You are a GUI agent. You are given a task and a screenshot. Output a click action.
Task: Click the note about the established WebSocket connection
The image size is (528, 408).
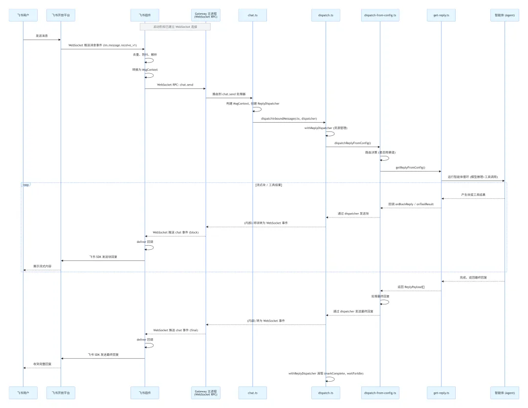click(x=175, y=27)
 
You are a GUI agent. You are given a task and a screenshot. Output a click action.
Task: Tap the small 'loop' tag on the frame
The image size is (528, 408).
click(x=26, y=185)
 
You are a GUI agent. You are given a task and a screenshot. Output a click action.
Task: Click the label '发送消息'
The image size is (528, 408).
click(x=42, y=36)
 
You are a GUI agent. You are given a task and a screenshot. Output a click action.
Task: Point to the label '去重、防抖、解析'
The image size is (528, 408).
click(x=145, y=54)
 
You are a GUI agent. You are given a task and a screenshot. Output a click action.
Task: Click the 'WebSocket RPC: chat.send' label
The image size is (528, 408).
click(x=175, y=85)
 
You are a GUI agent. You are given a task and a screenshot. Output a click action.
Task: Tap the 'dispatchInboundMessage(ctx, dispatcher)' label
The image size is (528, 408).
click(x=289, y=118)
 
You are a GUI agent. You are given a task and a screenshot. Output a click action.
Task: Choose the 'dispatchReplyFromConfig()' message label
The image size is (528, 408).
click(x=352, y=143)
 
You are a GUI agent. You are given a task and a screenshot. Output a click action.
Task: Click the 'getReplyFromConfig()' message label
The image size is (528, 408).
click(x=410, y=167)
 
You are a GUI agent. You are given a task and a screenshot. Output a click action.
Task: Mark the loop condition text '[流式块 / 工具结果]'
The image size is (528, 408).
click(x=268, y=185)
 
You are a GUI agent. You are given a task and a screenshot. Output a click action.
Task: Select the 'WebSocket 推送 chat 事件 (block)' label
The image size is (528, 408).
click(x=176, y=232)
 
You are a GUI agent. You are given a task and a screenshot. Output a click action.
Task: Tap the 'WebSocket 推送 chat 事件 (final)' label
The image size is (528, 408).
click(x=176, y=330)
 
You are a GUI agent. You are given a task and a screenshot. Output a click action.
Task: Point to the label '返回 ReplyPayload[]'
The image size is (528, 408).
click(x=411, y=287)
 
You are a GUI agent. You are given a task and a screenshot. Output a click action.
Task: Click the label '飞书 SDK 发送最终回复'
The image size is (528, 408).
click(x=103, y=354)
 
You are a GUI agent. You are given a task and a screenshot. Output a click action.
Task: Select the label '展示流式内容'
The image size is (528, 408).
click(x=42, y=266)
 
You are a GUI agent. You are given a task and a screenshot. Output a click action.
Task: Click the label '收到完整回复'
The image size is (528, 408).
click(x=42, y=364)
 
